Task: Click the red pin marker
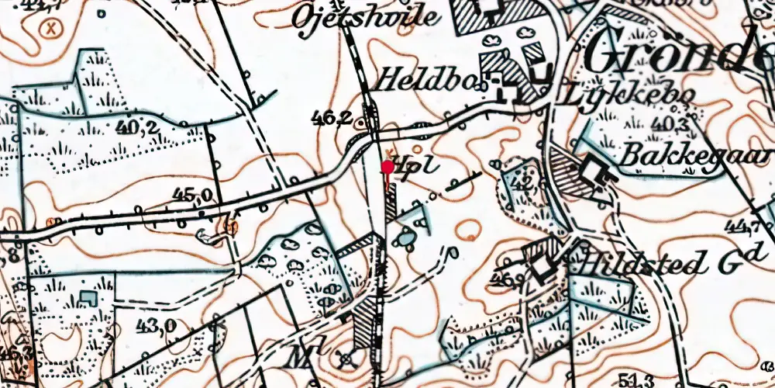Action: tap(387, 167)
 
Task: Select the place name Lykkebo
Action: tap(625, 95)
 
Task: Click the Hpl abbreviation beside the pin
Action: tap(412, 166)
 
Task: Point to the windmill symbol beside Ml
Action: tap(346, 359)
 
